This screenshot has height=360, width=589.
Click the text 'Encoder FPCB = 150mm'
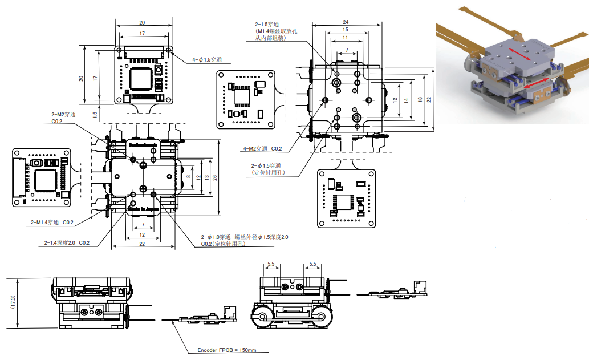coord(227,350)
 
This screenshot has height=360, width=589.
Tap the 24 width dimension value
coord(346,22)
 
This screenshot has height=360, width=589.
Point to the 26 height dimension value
coord(214,177)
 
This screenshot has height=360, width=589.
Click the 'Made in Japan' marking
coord(144,209)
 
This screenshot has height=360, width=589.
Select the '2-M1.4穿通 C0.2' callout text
coord(53,222)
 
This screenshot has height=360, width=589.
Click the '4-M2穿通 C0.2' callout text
coord(263,148)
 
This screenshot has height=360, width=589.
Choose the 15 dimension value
coord(346,29)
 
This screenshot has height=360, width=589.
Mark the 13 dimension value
coord(206,177)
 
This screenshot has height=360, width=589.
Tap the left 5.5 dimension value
coord(271,264)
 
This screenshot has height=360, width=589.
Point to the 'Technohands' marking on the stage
coord(143,146)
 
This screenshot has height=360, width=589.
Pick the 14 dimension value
coord(405,100)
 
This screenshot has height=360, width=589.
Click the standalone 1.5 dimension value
coord(94,114)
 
